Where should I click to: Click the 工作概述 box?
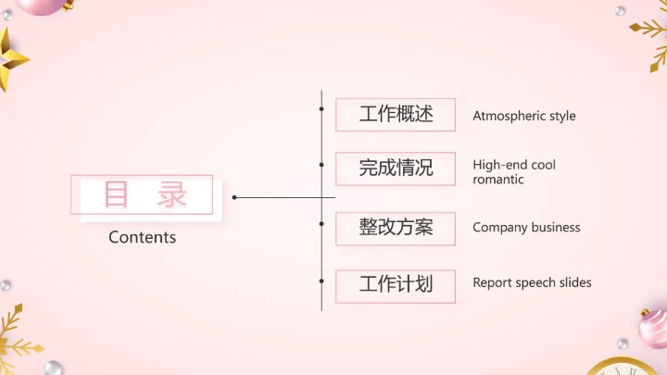[396, 115]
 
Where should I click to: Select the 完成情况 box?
[396, 169]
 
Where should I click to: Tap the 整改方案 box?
[396, 227]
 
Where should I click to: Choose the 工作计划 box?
[396, 284]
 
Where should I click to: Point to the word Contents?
[142, 237]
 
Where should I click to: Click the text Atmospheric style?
[523, 117]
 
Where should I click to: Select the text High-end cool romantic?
[514, 172]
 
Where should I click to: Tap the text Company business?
[526, 228]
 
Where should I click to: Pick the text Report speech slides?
[532, 283]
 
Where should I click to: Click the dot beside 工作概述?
[321, 108]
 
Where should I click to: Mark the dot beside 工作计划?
[321, 279]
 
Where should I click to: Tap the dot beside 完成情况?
[321, 164]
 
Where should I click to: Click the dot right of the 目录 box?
[234, 197]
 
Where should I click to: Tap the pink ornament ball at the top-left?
[44, 6]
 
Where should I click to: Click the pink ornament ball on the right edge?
[654, 326]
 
